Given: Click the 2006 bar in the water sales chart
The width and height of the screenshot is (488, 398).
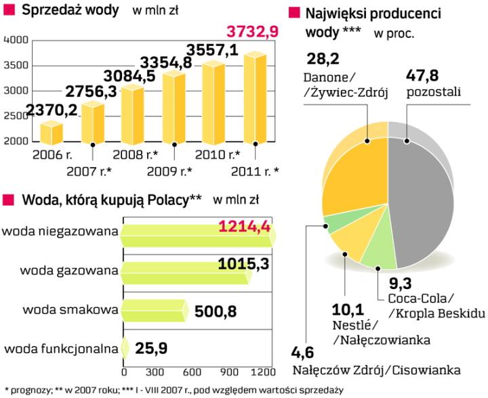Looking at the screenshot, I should pyautogui.click(x=51, y=132).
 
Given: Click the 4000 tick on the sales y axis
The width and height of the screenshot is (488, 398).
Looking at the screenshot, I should pyautogui.click(x=15, y=41).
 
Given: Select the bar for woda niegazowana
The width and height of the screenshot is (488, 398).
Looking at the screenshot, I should pyautogui.click(x=197, y=232).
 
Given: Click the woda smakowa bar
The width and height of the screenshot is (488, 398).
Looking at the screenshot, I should pyautogui.click(x=153, y=310).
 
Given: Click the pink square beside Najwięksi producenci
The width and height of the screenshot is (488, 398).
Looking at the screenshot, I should pyautogui.click(x=293, y=13).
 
